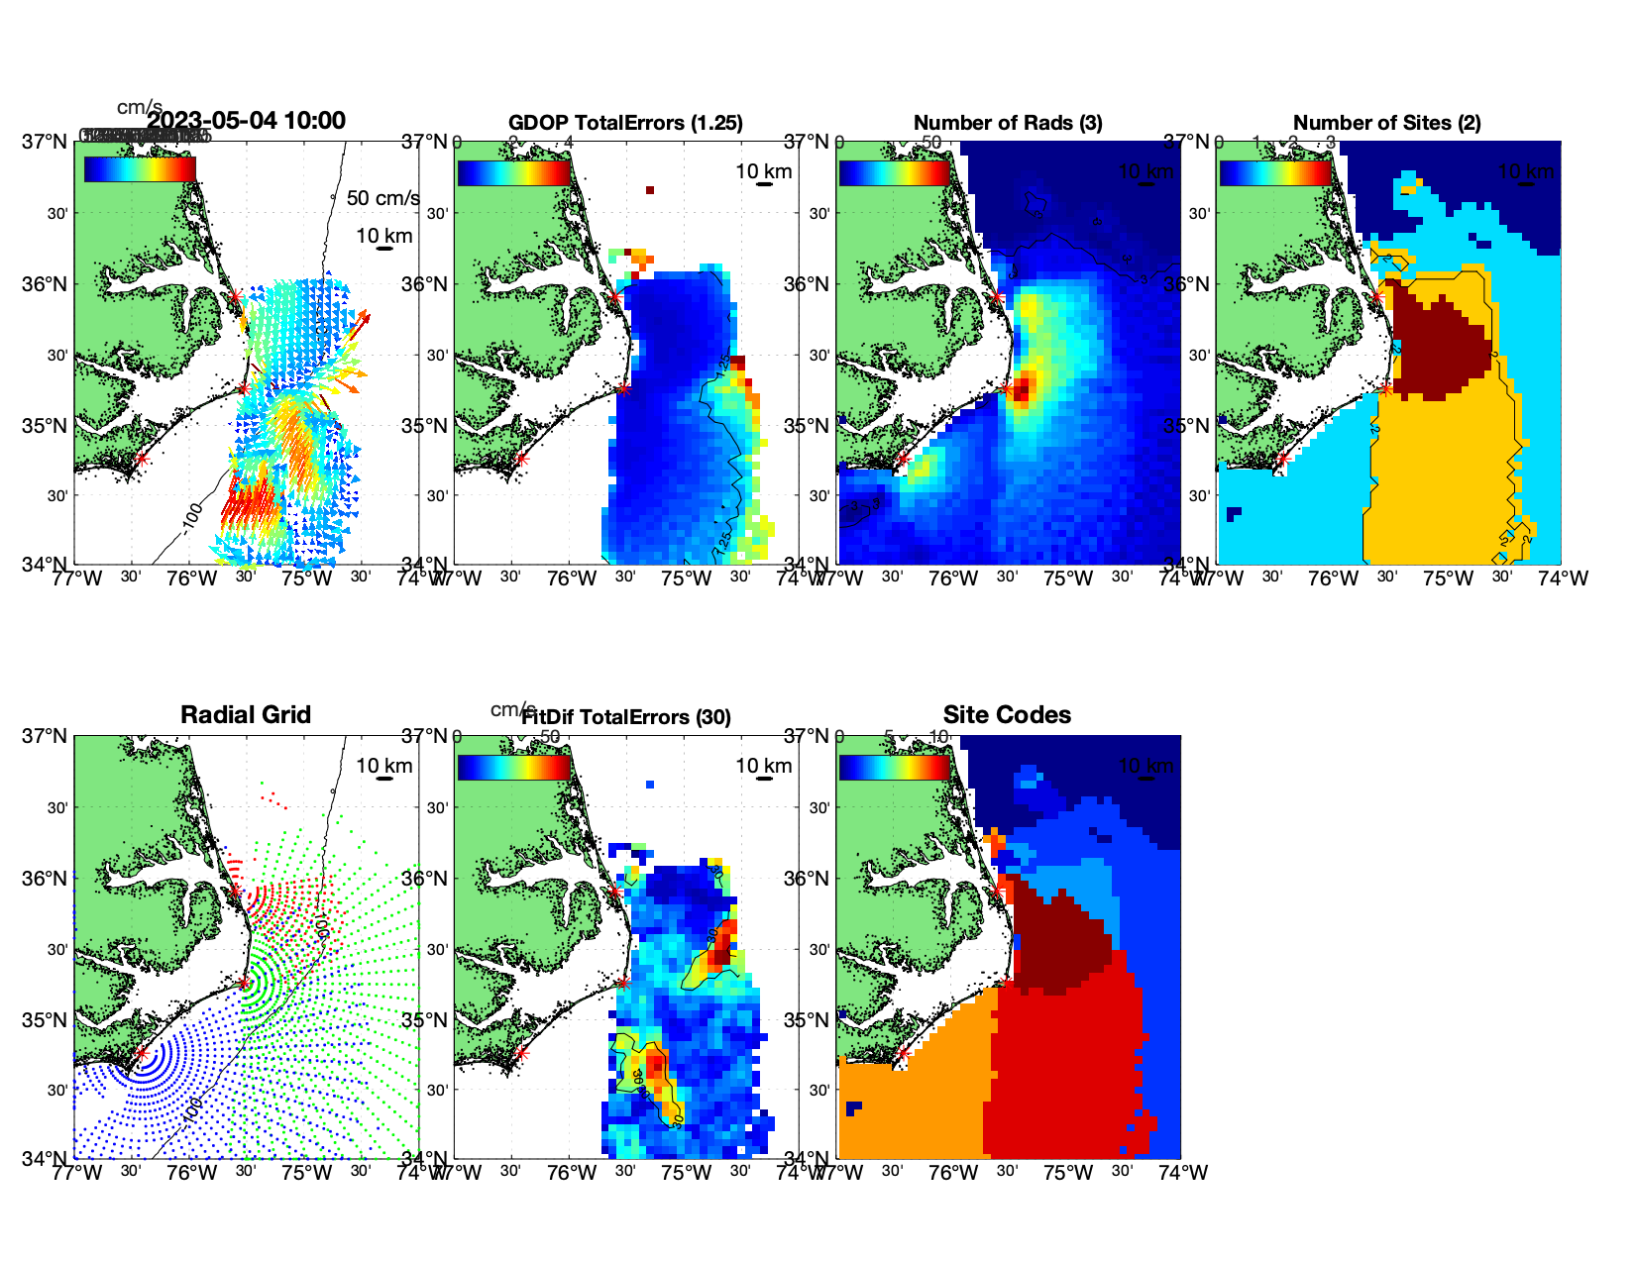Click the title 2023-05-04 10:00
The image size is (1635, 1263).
(247, 121)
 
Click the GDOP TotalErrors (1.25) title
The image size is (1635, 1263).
(625, 123)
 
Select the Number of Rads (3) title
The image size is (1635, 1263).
(1008, 123)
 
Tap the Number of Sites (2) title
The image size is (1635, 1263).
(1386, 123)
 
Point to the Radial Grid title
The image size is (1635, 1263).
(246, 715)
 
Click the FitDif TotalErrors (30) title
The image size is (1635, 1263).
(626, 717)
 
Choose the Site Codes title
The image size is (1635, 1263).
(1007, 715)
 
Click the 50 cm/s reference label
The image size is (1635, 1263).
(382, 198)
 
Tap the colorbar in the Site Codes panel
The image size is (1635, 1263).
(894, 767)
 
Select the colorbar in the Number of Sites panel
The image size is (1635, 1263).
(1275, 172)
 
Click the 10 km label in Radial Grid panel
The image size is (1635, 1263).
(384, 766)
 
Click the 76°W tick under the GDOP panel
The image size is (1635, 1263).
(572, 579)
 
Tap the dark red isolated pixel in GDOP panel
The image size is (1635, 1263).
(650, 190)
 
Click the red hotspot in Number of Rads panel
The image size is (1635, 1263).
(1022, 386)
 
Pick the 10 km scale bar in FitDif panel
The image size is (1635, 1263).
(764, 779)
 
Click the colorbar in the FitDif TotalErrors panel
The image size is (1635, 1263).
(514, 767)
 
